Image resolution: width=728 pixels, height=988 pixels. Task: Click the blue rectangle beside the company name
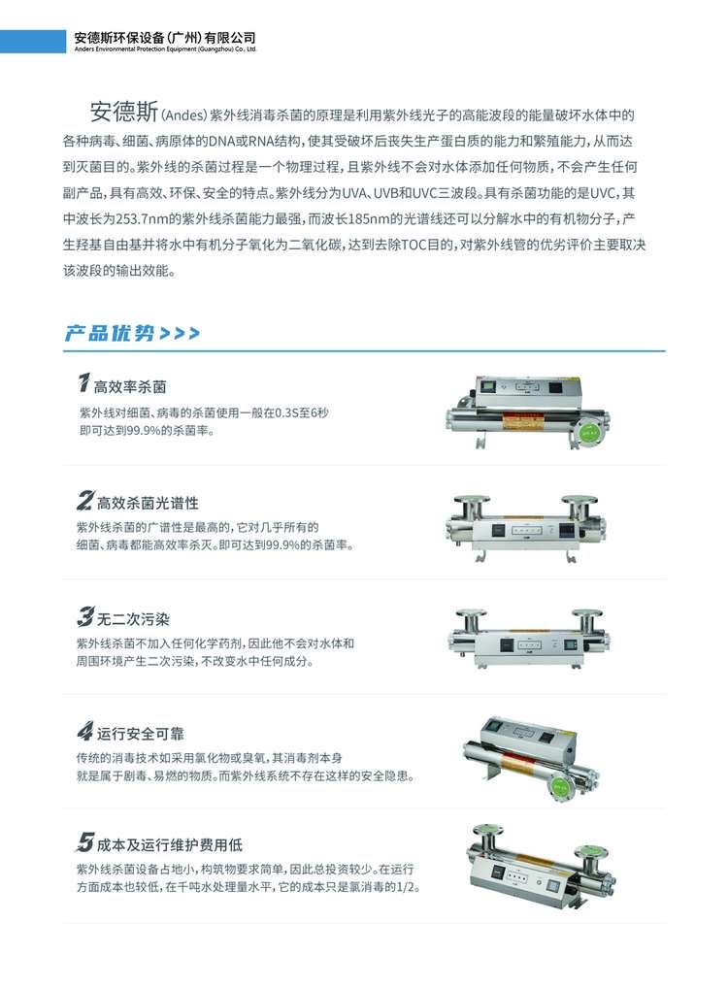pyautogui.click(x=33, y=42)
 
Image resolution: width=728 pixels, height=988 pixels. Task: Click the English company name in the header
pyautogui.click(x=165, y=49)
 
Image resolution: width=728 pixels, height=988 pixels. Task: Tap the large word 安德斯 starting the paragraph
pyautogui.click(x=124, y=112)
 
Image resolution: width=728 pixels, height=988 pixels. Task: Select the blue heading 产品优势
pyautogui.click(x=110, y=333)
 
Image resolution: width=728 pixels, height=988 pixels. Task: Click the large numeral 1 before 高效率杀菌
pyautogui.click(x=83, y=382)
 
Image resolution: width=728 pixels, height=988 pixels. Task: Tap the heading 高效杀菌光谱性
pyautogui.click(x=148, y=503)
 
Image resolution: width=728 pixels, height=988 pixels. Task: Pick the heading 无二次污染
pyautogui.click(x=133, y=619)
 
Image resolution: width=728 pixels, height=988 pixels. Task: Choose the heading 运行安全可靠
pyautogui.click(x=140, y=734)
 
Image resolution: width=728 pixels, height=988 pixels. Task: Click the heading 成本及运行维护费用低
pyautogui.click(x=170, y=845)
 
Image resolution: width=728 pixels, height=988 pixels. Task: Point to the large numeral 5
pyautogui.click(x=85, y=841)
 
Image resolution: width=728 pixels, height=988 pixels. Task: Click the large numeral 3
pyautogui.click(x=85, y=616)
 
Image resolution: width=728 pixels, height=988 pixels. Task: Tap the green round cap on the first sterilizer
pyautogui.click(x=588, y=432)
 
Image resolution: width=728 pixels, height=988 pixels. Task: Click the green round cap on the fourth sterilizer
pyautogui.click(x=559, y=785)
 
